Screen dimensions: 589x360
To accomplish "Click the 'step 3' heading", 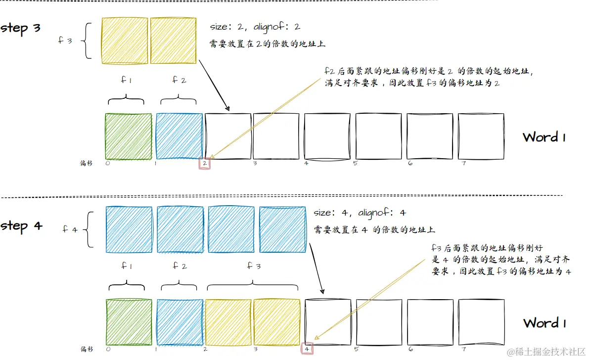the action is point(21,28).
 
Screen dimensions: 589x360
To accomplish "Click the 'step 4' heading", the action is point(22,226).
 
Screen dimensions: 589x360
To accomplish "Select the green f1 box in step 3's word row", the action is point(129,136).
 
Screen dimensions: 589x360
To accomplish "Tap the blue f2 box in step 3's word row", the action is point(179,136).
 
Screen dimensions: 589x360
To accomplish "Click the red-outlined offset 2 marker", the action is point(205,163).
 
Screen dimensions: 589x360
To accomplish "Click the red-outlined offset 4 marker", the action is point(307,349).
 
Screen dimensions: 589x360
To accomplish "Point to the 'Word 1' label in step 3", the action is point(544,137).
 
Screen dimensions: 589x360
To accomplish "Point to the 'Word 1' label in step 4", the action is point(544,323).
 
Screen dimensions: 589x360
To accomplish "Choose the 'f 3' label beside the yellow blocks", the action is point(65,41).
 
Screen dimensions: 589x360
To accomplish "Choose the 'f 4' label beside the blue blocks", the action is point(70,229).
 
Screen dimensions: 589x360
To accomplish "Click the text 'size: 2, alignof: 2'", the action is point(255,27).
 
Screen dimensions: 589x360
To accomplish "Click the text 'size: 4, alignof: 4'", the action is point(360,213).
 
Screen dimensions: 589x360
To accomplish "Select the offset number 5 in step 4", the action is point(357,349).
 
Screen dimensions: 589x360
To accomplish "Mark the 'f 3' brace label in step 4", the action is point(253,266).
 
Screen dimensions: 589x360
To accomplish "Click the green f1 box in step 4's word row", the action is point(129,322).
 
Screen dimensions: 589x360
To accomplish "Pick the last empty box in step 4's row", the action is point(481,322).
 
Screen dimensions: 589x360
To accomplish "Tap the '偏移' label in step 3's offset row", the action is point(87,163).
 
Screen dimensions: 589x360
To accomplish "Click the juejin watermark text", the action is point(546,351).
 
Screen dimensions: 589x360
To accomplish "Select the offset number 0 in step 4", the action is point(108,349).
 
